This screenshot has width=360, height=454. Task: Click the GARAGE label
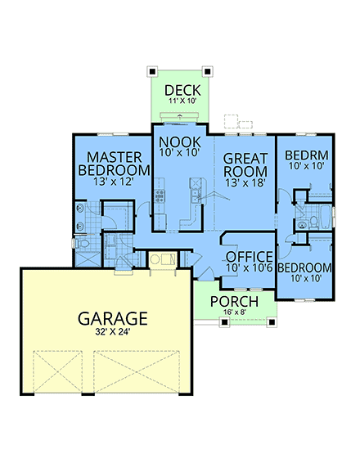(x=113, y=317)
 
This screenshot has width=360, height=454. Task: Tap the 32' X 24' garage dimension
(x=113, y=333)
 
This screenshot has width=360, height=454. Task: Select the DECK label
(x=178, y=89)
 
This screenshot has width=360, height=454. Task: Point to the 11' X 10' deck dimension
(x=178, y=101)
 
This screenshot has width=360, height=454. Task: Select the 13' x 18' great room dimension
(x=245, y=184)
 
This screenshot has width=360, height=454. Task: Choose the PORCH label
(x=235, y=302)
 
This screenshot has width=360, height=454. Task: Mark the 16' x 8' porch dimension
(x=235, y=313)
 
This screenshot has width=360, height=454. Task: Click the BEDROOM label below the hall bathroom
(x=304, y=267)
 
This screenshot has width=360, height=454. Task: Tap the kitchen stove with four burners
(x=160, y=196)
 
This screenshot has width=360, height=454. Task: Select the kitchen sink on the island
(x=195, y=194)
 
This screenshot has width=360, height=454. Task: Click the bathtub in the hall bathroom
(x=326, y=218)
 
